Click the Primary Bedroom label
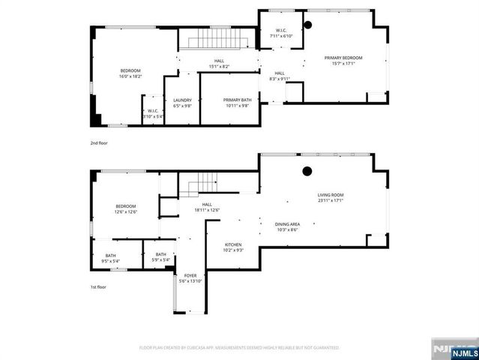[343, 58]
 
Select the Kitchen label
[234, 245]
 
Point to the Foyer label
[190, 275]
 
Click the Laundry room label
[182, 100]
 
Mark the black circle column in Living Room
[307, 171]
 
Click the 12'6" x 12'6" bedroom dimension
[125, 211]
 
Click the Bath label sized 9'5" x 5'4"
[110, 260]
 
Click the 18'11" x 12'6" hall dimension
[206, 210]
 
